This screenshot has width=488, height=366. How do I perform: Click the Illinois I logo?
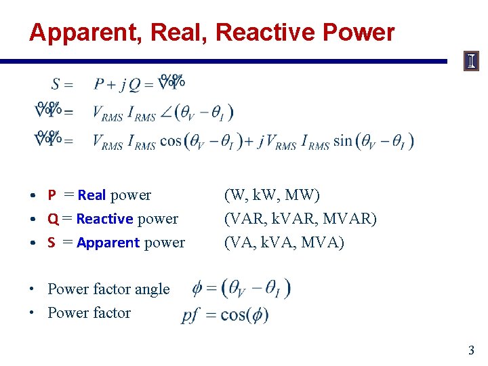[471, 62]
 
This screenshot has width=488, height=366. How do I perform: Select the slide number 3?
[471, 350]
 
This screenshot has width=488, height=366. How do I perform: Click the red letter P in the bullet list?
[52, 195]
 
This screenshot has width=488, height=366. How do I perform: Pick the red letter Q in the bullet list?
[52, 219]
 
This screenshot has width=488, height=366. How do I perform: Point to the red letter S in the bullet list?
[52, 243]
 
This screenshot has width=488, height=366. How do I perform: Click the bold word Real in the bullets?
[91, 195]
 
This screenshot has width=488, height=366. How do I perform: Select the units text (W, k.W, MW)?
[272, 195]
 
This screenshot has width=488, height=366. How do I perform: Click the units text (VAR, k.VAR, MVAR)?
[300, 219]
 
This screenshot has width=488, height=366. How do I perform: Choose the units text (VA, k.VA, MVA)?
[284, 243]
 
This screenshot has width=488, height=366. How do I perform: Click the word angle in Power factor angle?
[152, 289]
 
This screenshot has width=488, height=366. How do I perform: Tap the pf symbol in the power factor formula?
[189, 315]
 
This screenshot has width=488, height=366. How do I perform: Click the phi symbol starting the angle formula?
[197, 289]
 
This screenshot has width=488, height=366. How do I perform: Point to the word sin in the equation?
[343, 142]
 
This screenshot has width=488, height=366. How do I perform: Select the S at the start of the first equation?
[56, 84]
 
